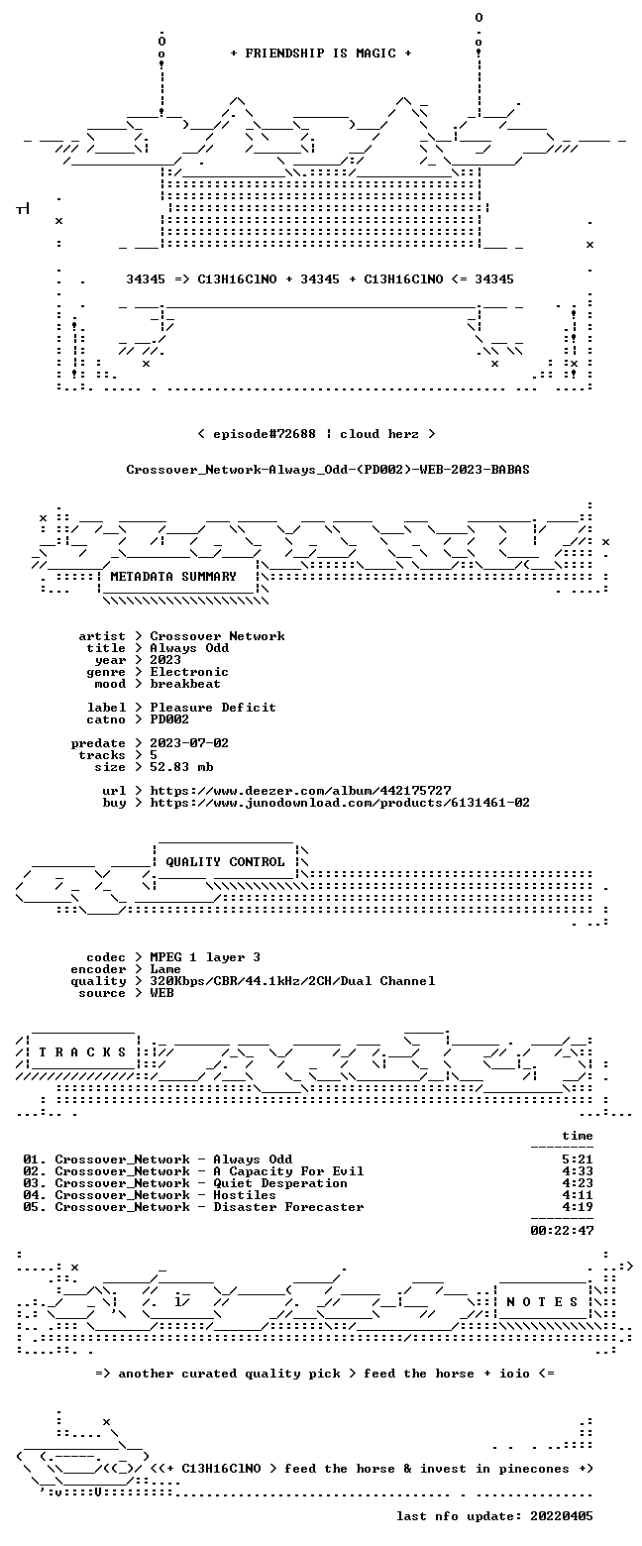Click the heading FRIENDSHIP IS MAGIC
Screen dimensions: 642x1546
tap(321, 54)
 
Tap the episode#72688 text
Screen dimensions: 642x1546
tap(265, 434)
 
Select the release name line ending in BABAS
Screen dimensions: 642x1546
tap(328, 470)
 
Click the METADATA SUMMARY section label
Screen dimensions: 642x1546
tap(173, 577)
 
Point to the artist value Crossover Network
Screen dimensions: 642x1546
tap(217, 636)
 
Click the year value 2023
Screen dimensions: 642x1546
tap(165, 660)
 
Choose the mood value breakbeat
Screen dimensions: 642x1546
tap(185, 684)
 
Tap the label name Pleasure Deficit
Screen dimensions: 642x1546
tap(213, 708)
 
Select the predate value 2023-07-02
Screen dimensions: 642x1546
tap(189, 743)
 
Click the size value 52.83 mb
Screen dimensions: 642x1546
tap(181, 767)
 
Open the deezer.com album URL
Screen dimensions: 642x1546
tap(301, 791)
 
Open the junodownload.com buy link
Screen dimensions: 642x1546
tap(340, 803)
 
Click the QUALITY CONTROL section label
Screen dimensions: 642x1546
tap(225, 862)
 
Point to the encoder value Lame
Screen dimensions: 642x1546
tap(165, 969)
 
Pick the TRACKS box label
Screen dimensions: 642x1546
tap(83, 1052)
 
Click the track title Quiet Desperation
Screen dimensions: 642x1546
tap(280, 1183)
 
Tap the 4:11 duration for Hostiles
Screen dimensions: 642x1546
tap(578, 1195)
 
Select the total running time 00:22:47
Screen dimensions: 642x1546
tap(562, 1231)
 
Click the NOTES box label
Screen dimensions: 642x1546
tap(543, 1302)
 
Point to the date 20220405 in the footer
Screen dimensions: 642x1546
tap(562, 1516)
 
